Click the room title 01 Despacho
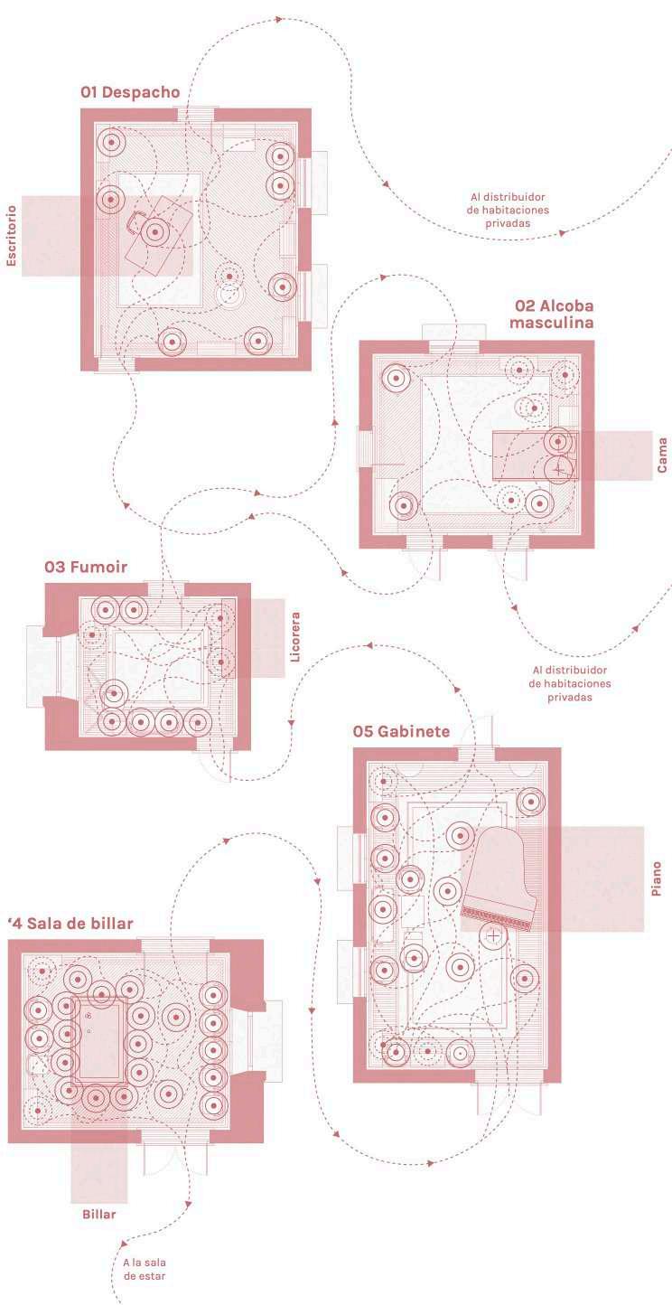[x=130, y=92]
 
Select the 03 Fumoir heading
[x=86, y=568]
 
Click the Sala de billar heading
[x=72, y=924]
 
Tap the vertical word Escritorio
[x=12, y=236]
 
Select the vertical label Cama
[x=662, y=455]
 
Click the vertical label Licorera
[x=295, y=637]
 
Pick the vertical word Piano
[x=657, y=878]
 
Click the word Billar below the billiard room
[x=99, y=1215]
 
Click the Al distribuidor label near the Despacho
[x=508, y=209]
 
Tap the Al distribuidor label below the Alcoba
[x=570, y=683]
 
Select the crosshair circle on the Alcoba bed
[x=559, y=469]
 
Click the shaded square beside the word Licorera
[x=264, y=637]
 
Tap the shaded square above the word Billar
[x=99, y=1166]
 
